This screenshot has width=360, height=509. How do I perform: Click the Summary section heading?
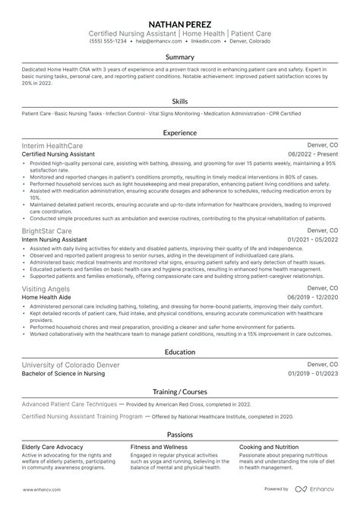(x=180, y=57)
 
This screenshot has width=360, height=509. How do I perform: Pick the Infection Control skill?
(x=127, y=112)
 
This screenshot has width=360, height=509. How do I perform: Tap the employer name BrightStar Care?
(x=48, y=229)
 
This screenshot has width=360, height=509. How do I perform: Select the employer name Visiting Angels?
(x=47, y=289)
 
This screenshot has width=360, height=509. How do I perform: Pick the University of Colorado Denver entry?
(x=71, y=365)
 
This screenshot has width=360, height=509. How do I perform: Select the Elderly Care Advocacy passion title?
(x=52, y=447)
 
